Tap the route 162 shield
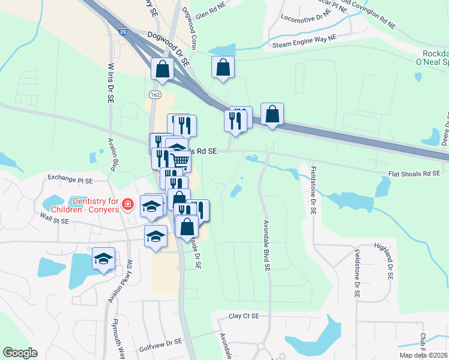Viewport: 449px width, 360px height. (154, 95)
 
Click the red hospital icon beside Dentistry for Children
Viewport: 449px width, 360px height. (127, 205)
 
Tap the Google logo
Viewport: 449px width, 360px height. (20, 353)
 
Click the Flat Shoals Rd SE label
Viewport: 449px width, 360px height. (414, 175)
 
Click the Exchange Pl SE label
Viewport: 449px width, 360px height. (71, 179)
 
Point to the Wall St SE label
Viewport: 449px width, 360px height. (55, 218)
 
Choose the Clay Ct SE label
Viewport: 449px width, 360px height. (243, 316)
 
